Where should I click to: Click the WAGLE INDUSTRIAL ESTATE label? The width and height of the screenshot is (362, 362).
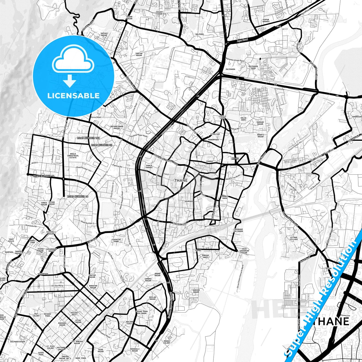point(73,156)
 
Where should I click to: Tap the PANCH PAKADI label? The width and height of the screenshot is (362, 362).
point(149,167)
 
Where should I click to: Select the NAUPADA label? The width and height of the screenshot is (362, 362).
point(189,201)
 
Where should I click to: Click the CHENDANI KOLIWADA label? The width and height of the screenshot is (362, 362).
point(238,230)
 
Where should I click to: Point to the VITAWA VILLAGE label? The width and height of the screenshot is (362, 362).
point(294,238)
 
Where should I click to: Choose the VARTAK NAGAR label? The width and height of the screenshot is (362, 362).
point(139,54)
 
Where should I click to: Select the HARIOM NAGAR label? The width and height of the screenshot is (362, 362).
point(196,291)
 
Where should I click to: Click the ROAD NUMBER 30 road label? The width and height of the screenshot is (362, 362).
point(100,145)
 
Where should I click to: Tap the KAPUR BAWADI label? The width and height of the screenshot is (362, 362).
point(266,21)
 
